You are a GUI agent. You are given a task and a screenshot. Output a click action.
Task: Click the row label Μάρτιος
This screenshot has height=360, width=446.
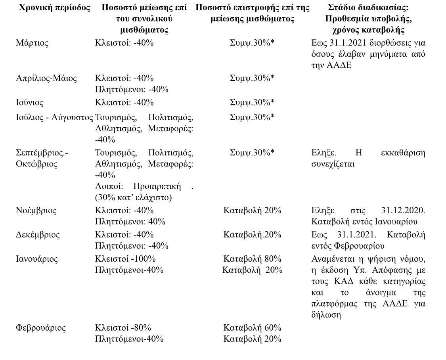[x=32, y=43]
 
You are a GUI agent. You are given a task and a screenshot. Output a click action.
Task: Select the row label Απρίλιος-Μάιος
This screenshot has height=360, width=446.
[x=46, y=78]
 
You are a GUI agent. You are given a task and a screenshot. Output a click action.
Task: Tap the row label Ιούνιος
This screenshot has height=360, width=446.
[x=30, y=103]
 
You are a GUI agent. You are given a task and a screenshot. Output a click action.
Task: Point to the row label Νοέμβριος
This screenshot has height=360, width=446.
[x=36, y=211]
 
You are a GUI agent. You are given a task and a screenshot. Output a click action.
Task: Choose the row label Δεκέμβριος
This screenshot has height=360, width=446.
[x=38, y=235]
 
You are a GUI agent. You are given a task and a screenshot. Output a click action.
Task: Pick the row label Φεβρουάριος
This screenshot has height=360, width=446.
[x=41, y=328]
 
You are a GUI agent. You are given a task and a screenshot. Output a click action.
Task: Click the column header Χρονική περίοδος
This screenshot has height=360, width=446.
[x=55, y=8]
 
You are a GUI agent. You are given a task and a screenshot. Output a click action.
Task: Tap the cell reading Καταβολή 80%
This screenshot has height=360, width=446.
[x=252, y=259]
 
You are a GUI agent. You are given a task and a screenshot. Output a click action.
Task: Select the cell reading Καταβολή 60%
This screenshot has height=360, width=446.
[x=252, y=328]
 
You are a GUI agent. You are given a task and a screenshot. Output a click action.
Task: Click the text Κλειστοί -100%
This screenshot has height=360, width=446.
[x=125, y=259]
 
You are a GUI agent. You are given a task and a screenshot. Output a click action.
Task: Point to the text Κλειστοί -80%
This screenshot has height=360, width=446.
[x=123, y=328]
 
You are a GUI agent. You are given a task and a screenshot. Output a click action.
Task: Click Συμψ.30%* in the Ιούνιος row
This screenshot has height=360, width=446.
[x=252, y=103]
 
